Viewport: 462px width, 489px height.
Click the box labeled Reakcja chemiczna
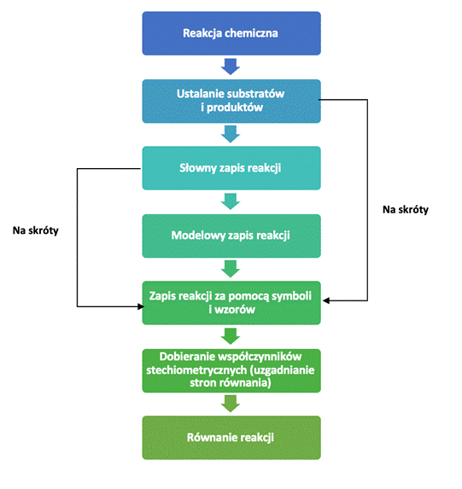pyautogui.click(x=231, y=33)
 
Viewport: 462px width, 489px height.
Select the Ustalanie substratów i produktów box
pyautogui.click(x=231, y=101)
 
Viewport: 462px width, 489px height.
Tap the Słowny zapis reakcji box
pyautogui.click(x=231, y=168)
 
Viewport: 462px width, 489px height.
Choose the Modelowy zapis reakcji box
pyautogui.click(x=231, y=236)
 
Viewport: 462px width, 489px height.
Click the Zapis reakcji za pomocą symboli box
pyautogui.click(x=231, y=303)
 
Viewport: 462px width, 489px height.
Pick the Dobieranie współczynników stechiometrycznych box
pyautogui.click(x=231, y=370)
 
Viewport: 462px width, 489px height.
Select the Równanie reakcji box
pyautogui.click(x=231, y=438)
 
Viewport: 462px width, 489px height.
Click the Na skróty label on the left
pyautogui.click(x=36, y=230)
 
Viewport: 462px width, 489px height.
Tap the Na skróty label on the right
pyautogui.click(x=406, y=210)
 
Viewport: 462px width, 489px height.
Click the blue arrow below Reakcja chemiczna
pyautogui.click(x=231, y=67)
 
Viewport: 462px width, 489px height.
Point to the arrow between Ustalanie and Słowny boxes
pyautogui.click(x=231, y=134)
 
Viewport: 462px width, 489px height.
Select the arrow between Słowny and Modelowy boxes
pyautogui.click(x=231, y=201)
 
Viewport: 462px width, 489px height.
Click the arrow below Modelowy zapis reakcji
pyautogui.click(x=231, y=269)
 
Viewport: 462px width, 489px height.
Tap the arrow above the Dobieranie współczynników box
pyautogui.click(x=231, y=336)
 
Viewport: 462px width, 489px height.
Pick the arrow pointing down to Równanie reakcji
pyautogui.click(x=231, y=404)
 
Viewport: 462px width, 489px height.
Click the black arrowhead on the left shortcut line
pyautogui.click(x=141, y=306)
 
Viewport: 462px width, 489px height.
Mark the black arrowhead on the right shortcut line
pyautogui.click(x=326, y=300)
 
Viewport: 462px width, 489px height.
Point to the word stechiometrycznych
pyautogui.click(x=196, y=370)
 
